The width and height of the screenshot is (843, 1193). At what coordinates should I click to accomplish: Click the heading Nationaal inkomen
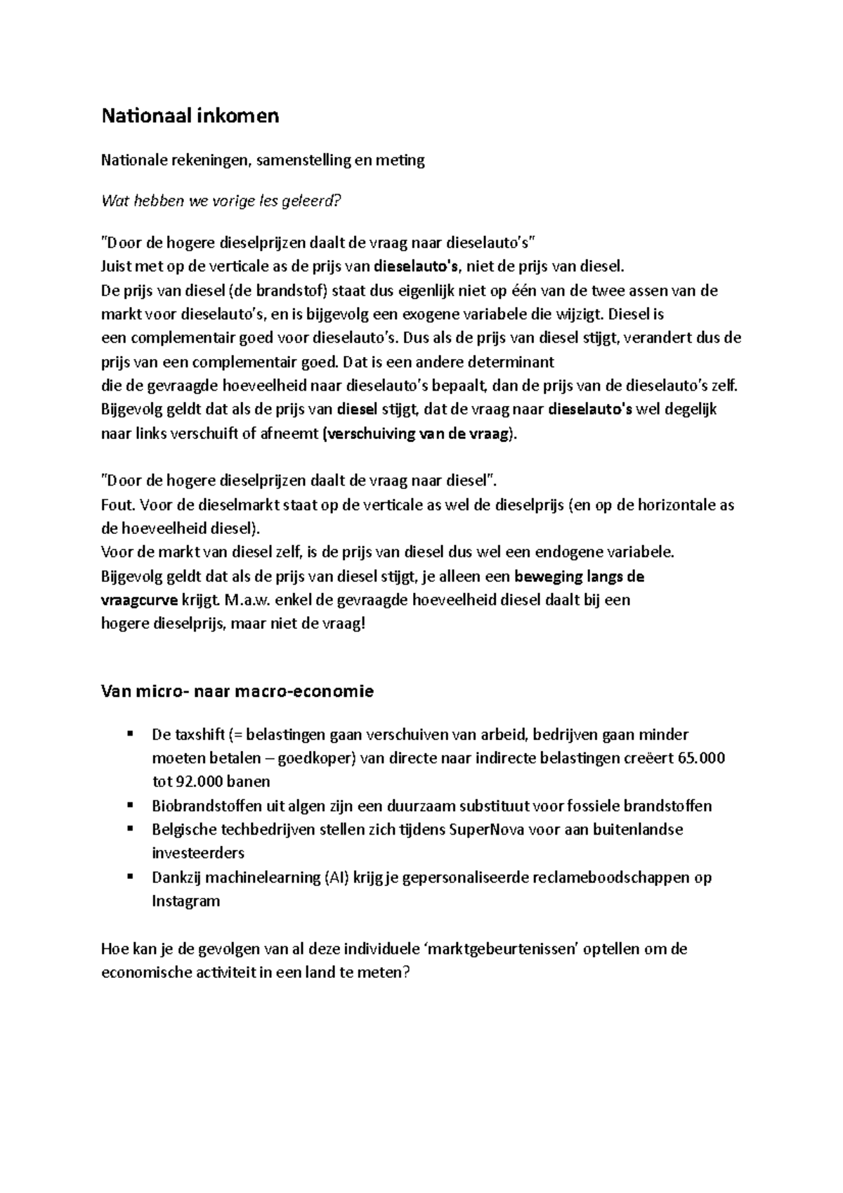click(x=190, y=115)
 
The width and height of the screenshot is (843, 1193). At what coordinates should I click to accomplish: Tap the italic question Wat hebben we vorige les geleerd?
click(x=221, y=202)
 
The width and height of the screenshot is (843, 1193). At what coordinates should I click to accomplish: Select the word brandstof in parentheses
click(x=289, y=291)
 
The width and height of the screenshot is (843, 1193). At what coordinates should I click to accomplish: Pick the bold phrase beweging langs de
click(x=580, y=577)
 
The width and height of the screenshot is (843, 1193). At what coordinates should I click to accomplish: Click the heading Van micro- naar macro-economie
click(x=237, y=691)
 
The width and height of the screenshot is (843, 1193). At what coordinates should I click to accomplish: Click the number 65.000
click(x=702, y=758)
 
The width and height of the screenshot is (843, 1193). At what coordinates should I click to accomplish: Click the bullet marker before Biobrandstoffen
click(x=130, y=805)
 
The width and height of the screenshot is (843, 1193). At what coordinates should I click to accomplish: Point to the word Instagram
click(x=185, y=901)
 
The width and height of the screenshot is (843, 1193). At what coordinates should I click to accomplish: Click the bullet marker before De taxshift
click(x=130, y=734)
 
